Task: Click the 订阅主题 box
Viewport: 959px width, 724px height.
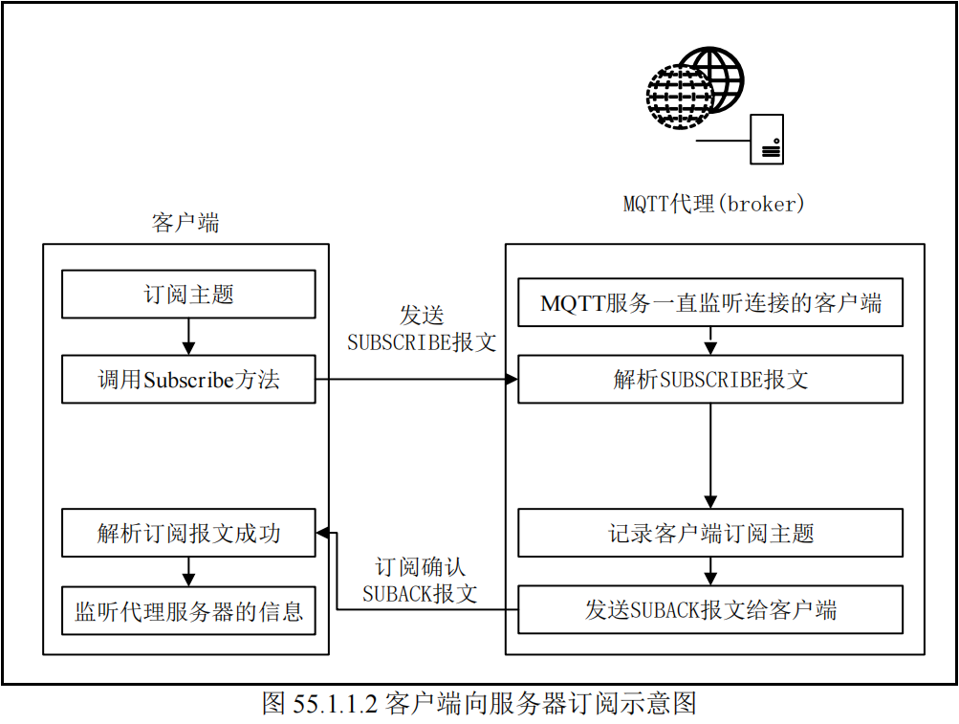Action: pyautogui.click(x=188, y=295)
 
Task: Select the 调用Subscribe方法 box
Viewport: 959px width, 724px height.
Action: pyautogui.click(x=188, y=380)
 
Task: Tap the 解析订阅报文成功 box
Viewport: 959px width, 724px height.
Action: pyautogui.click(x=188, y=533)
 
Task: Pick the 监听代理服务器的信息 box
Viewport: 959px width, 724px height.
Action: pyautogui.click(x=188, y=610)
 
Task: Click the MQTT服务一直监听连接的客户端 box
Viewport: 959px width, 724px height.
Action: pyautogui.click(x=710, y=304)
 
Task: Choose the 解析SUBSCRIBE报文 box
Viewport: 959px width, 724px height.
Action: pyautogui.click(x=710, y=380)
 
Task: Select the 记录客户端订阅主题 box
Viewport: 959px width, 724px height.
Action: pyautogui.click(x=710, y=533)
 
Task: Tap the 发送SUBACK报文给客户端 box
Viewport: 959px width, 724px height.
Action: pyautogui.click(x=710, y=609)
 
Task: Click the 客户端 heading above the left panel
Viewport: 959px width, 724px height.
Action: pyautogui.click(x=185, y=224)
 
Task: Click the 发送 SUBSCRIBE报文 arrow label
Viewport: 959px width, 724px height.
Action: pyautogui.click(x=421, y=330)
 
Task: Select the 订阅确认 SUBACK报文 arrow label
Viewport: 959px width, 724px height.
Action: pyautogui.click(x=420, y=580)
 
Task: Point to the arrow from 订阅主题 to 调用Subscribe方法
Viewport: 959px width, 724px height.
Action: pyautogui.click(x=188, y=337)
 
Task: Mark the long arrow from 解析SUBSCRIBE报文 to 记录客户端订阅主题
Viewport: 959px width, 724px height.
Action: pyautogui.click(x=710, y=455)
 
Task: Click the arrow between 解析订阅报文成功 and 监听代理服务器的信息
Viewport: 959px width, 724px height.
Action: pyautogui.click(x=188, y=571)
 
